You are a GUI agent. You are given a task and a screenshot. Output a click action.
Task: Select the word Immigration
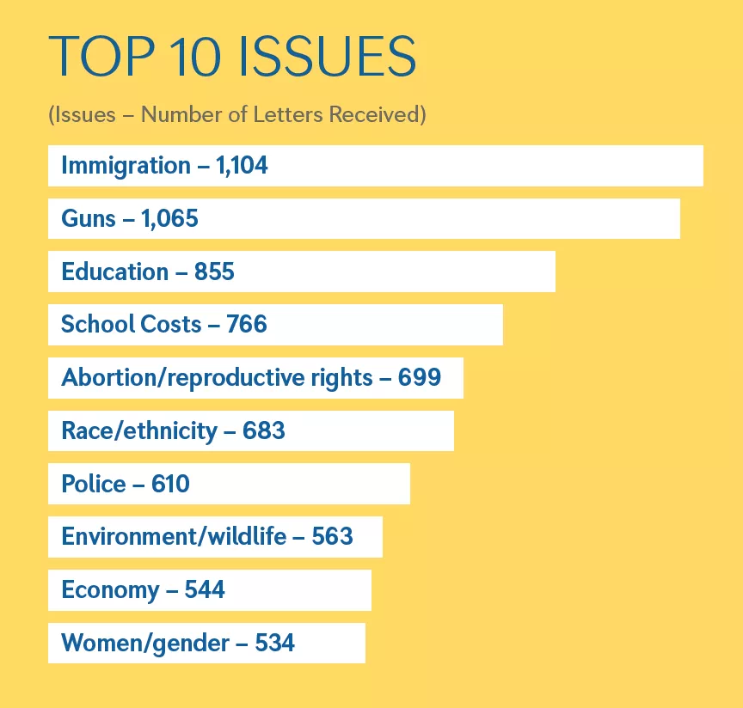pos(126,165)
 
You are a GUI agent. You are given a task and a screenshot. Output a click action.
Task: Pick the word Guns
pos(88,218)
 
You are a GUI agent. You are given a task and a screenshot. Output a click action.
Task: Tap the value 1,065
pos(169,218)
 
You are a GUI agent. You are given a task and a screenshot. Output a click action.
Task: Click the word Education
pos(114,272)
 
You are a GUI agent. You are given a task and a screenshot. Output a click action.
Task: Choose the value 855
pos(214,272)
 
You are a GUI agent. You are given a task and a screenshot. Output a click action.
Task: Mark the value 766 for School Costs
pos(247,324)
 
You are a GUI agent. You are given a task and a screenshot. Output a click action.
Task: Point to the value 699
pos(420,377)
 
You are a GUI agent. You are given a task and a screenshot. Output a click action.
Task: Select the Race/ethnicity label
pos(138,430)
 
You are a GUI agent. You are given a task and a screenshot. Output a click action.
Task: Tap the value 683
pos(264,430)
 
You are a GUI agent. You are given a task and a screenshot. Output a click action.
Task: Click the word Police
pos(94,484)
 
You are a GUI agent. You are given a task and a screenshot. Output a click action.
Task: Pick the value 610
pos(170,484)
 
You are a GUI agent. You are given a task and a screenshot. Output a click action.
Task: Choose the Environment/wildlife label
pos(174,537)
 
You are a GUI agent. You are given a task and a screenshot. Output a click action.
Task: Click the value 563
pos(332,537)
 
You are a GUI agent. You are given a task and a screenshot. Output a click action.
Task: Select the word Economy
pos(110,590)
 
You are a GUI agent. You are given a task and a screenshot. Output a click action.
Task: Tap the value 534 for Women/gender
pos(275,643)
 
